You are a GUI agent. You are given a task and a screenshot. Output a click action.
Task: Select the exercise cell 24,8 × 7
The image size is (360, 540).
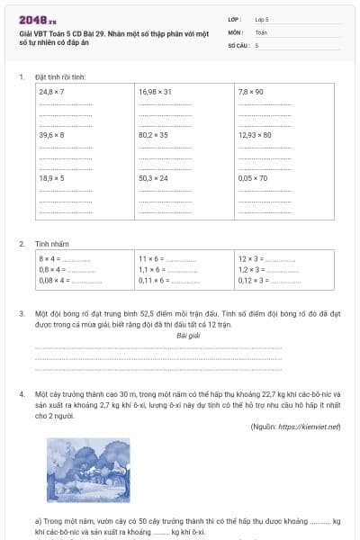51,93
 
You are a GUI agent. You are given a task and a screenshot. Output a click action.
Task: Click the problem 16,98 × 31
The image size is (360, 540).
155,93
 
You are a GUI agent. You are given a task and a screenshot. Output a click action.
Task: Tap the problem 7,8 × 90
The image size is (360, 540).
250,93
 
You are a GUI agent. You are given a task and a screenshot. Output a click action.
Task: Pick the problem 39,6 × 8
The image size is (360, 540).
51,135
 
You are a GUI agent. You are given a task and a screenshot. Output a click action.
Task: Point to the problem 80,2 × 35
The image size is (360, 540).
154,135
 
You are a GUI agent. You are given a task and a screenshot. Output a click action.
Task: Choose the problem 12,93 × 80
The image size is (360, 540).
255,135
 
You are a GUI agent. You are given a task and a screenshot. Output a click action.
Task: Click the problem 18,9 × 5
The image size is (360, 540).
51,178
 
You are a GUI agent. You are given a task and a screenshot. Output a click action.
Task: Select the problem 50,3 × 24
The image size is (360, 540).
154,178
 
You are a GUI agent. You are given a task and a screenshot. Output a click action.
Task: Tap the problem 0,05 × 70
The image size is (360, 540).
253,178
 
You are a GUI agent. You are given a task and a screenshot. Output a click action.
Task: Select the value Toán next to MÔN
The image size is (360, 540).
261,31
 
